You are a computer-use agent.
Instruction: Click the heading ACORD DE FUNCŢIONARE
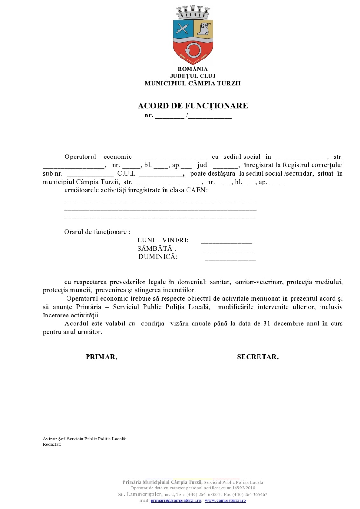[x=193, y=106]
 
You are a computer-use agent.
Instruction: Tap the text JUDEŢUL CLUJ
[x=193, y=76]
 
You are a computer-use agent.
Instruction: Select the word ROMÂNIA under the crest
[x=193, y=69]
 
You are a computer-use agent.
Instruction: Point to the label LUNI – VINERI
[x=163, y=240]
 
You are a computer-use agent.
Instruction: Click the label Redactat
[x=52, y=444]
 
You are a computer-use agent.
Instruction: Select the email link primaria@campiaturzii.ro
[x=176, y=500]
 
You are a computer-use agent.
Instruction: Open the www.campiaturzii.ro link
[x=225, y=500]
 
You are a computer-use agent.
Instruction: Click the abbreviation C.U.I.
[x=126, y=174]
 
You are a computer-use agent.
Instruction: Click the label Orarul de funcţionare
[x=97, y=232]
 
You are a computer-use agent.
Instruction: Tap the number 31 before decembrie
[x=267, y=324]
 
